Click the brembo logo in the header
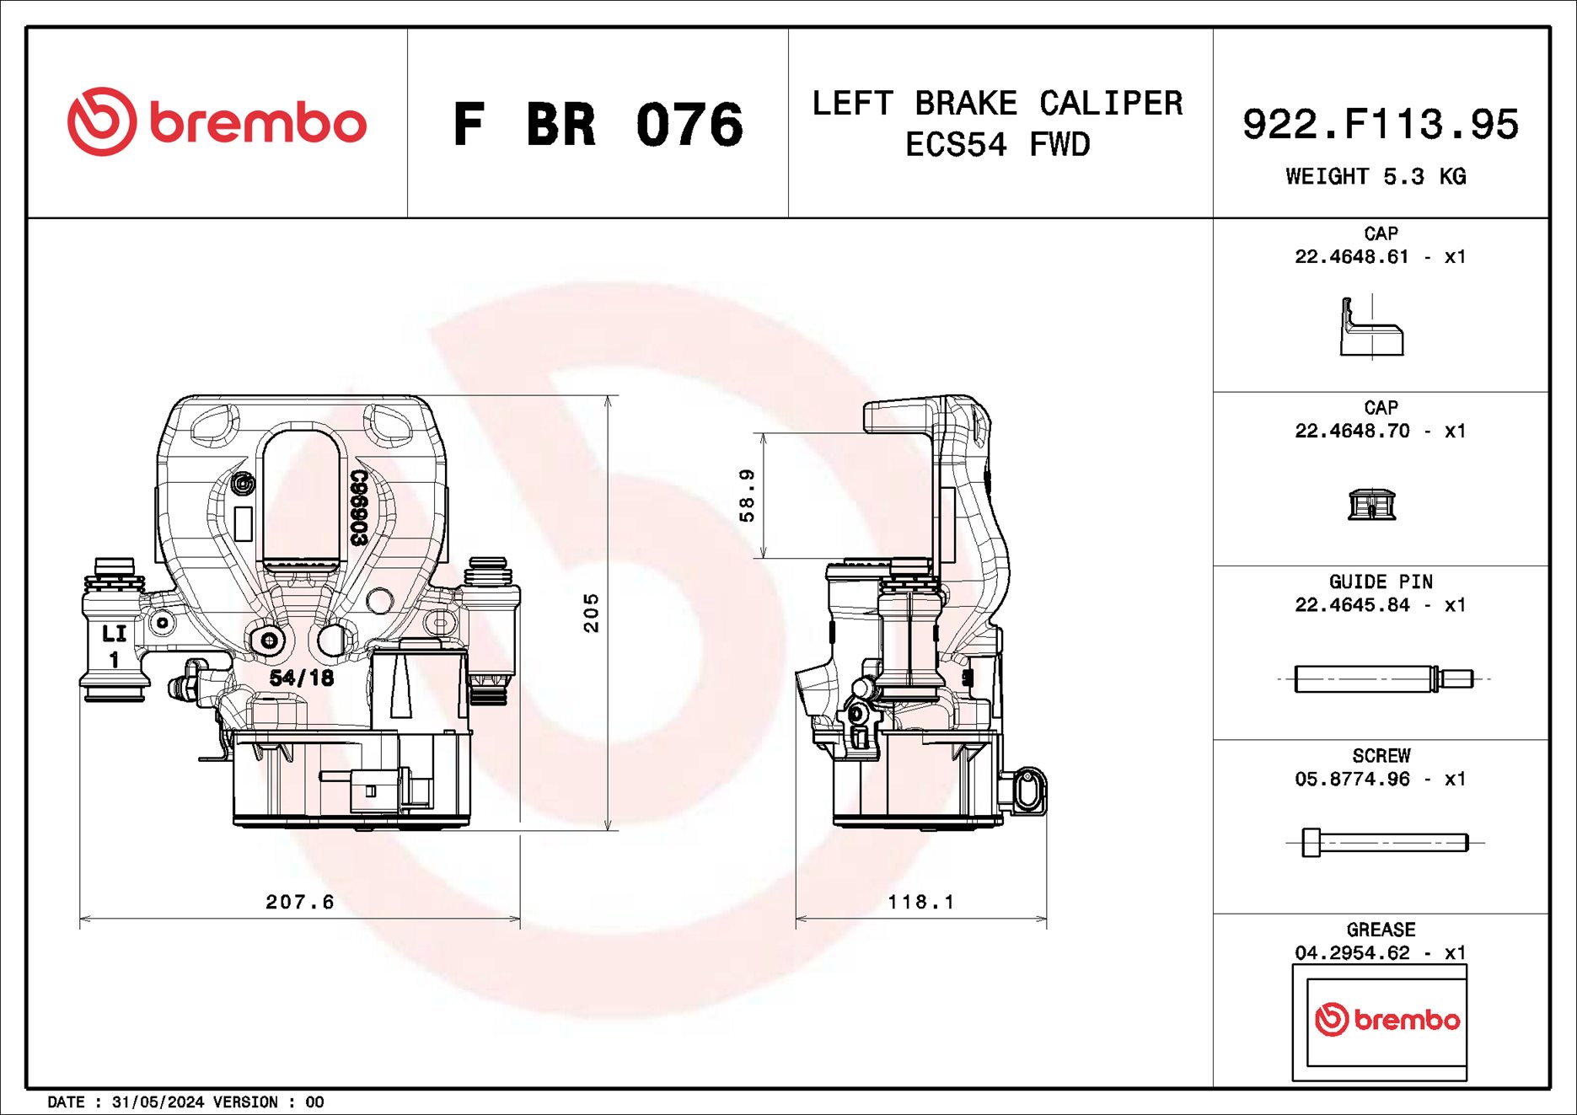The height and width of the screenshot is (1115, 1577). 217,122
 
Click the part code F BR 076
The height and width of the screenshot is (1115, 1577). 598,125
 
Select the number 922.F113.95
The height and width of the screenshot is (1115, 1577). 1380,124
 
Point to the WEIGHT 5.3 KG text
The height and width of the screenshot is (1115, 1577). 1376,177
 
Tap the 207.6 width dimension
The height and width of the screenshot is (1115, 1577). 300,902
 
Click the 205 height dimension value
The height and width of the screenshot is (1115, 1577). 592,613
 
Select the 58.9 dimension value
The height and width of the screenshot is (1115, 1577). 747,496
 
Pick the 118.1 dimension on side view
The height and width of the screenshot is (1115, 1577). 921,902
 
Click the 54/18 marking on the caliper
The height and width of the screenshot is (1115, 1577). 302,678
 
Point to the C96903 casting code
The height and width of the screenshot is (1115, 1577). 359,507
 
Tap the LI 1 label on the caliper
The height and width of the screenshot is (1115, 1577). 114,646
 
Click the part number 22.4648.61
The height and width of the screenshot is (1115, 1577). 1351,257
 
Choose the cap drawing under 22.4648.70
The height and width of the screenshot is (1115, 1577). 1371,504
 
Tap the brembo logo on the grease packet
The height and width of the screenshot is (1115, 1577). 1387,1020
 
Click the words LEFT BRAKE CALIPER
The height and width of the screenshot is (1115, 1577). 997,104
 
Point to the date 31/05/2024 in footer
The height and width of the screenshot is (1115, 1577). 158,1102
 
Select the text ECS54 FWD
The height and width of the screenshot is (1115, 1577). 997,145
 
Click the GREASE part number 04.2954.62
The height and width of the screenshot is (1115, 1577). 1351,953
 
